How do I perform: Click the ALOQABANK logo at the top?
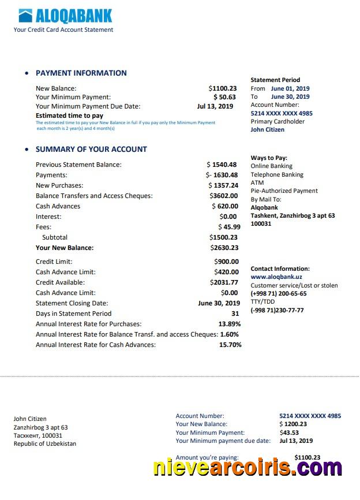click(65, 16)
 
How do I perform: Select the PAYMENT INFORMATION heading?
click(81, 73)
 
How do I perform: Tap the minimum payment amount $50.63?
click(224, 98)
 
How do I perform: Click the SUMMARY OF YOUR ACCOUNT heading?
click(91, 150)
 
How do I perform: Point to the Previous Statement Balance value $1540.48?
click(222, 165)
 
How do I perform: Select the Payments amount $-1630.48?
click(222, 175)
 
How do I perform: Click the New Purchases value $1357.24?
click(223, 185)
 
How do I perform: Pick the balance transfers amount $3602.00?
click(223, 196)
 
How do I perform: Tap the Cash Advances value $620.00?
click(224, 206)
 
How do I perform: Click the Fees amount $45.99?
click(229, 227)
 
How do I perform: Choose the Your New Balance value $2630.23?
click(224, 248)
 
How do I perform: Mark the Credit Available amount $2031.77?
click(224, 282)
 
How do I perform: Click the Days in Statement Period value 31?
click(235, 314)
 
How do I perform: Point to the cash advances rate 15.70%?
click(230, 345)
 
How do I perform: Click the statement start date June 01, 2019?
click(290, 88)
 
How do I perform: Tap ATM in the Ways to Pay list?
click(257, 182)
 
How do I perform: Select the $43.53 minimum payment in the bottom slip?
click(289, 432)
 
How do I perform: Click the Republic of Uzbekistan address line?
click(44, 443)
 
